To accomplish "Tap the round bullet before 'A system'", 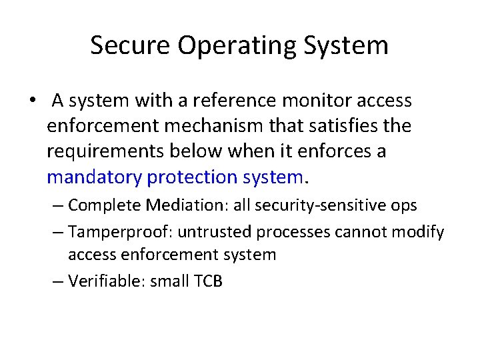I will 32,101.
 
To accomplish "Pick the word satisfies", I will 333,126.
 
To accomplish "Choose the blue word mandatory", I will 95,177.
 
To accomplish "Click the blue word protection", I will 190,177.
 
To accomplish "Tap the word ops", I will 402,205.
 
